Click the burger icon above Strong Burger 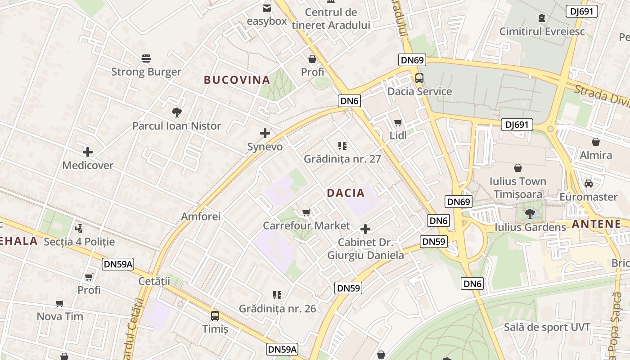point(146,58)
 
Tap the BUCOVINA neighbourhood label point(237,80)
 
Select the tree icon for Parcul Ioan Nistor point(176,112)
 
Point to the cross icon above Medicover point(88,152)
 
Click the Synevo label point(265,147)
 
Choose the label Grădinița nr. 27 point(342,159)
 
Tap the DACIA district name point(346,193)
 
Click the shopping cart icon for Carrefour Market point(306,212)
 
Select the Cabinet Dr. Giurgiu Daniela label point(365,249)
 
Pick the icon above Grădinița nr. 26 point(277,295)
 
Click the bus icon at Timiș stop point(215,315)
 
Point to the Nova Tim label point(60,316)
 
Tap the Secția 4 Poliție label point(79,242)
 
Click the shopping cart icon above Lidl point(398,122)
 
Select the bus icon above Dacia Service point(419,78)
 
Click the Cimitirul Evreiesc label point(542,31)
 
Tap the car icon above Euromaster point(588,184)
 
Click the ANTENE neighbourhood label point(596,224)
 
